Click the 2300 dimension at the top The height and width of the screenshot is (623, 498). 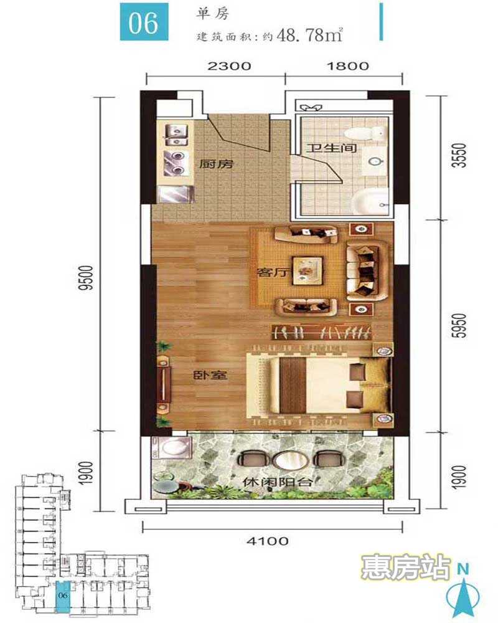pos(229,65)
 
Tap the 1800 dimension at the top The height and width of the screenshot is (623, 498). pos(348,65)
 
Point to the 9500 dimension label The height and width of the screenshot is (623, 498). pos(85,278)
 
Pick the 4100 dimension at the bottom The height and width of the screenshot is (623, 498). pos(268,541)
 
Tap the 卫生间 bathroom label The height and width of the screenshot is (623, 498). pos(331,148)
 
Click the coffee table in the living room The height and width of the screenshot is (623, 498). pos(308,271)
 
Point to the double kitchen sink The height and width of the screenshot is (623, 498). pos(176,135)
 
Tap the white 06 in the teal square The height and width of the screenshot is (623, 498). pos(143,24)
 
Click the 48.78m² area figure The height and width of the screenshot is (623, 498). pos(310,36)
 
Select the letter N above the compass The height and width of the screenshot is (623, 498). pos(463,569)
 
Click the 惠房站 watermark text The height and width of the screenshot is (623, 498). pos(406,567)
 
